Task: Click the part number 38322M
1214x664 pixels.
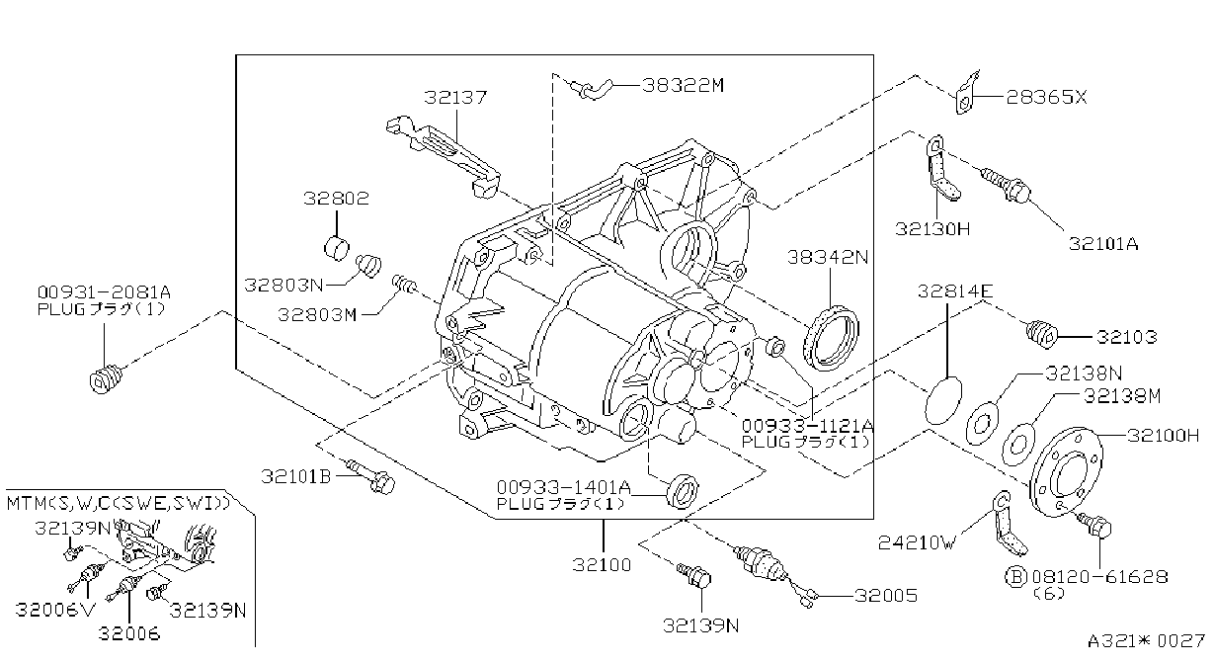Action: point(683,85)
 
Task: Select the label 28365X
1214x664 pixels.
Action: point(1046,97)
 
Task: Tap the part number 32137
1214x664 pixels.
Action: point(455,98)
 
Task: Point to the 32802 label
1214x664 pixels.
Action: point(336,198)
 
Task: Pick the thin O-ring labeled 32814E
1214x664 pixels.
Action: point(943,399)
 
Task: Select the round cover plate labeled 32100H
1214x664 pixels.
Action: point(1066,471)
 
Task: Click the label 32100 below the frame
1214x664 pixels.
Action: point(603,565)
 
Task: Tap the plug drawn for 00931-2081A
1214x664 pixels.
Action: point(106,377)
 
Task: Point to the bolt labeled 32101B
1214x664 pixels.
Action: point(370,475)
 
